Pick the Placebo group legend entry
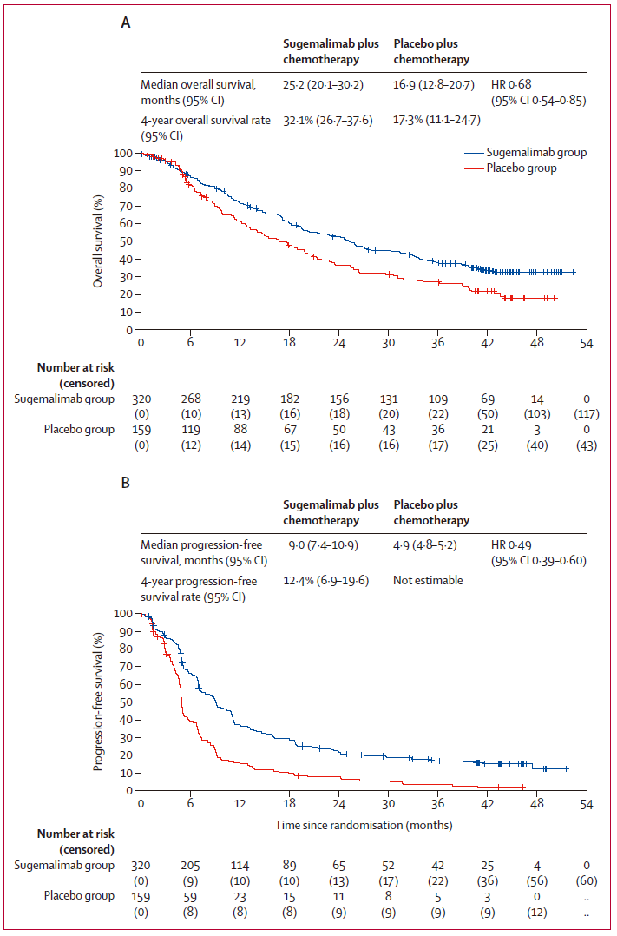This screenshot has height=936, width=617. click(x=522, y=168)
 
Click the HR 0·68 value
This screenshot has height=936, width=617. click(x=509, y=84)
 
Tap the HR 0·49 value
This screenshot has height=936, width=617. click(x=509, y=544)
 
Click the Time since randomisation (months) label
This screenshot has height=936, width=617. click(x=364, y=825)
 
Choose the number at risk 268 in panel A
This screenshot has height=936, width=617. click(x=190, y=399)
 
